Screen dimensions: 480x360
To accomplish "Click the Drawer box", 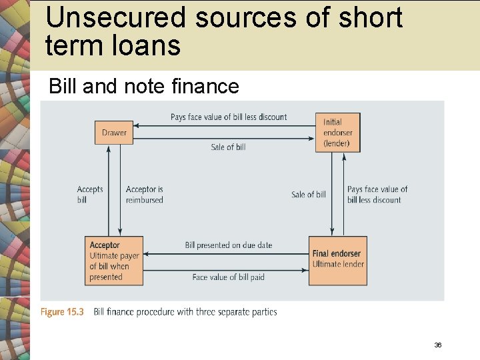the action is click(114, 133).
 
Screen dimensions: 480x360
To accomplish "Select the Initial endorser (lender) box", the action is click(337, 133).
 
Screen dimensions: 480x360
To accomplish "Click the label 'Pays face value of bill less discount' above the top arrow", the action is click(229, 117).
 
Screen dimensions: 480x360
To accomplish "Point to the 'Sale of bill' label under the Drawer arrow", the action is click(228, 147).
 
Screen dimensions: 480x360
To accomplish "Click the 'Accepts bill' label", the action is click(90, 194).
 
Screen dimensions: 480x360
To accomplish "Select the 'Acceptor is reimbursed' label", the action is click(145, 195).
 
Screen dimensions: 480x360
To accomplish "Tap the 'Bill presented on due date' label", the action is click(229, 245).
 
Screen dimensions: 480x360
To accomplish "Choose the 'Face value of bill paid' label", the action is click(228, 277).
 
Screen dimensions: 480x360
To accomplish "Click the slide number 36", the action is click(438, 345).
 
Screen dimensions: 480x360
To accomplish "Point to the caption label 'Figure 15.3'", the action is click(62, 312).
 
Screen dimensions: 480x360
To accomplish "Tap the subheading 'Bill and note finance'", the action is click(144, 86).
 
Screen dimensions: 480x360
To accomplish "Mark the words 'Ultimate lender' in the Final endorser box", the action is click(338, 264).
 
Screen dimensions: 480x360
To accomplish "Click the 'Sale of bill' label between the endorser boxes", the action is click(309, 195).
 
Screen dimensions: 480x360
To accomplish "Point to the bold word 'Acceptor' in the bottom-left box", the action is click(105, 245).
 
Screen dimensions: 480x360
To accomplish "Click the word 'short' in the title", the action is click(369, 18).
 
